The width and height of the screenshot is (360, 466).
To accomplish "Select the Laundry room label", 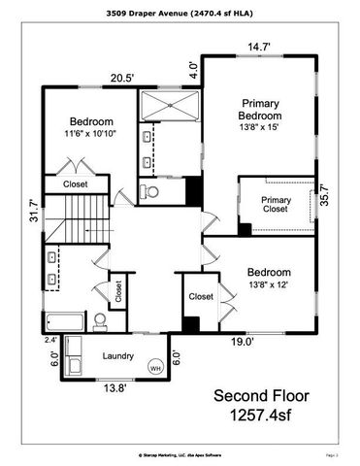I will click(x=118, y=356).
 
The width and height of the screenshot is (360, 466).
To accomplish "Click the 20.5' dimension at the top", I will click(x=120, y=79).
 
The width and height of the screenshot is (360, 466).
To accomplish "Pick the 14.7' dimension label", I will click(x=258, y=47).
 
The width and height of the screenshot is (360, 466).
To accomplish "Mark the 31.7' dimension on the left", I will click(x=34, y=209).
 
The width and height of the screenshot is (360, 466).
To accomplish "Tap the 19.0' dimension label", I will click(x=242, y=342).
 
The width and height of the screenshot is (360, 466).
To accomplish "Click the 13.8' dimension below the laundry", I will click(x=115, y=387).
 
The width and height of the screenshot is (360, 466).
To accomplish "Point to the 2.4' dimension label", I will click(x=50, y=340).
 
